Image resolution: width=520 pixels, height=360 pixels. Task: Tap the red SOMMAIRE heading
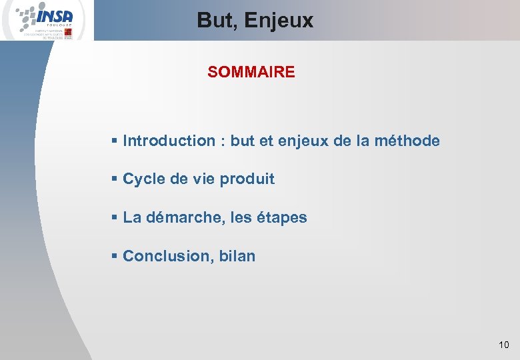[x=251, y=72]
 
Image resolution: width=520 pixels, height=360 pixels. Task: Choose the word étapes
[x=283, y=218]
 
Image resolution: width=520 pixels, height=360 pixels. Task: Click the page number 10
[x=503, y=345]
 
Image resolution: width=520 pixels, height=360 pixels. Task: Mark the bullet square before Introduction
[x=115, y=141]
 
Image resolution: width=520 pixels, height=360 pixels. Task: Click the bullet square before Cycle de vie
[x=115, y=179]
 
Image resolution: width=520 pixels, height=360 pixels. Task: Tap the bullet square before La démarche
[x=115, y=217]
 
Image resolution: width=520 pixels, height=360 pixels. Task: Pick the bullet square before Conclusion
[x=115, y=256]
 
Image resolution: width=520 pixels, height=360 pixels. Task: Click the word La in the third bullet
[x=132, y=217]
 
